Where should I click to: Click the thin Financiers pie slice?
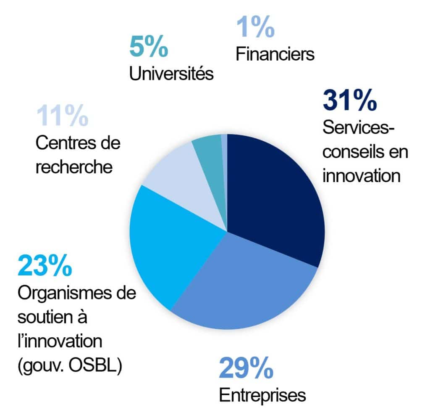(224, 143)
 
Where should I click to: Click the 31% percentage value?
(349, 101)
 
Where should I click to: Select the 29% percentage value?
(246, 368)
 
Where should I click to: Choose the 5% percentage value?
(148, 47)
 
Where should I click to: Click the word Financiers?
(275, 54)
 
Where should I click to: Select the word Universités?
(171, 74)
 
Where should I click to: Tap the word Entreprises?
(262, 395)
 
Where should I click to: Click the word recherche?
(74, 167)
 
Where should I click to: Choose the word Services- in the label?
(359, 128)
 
